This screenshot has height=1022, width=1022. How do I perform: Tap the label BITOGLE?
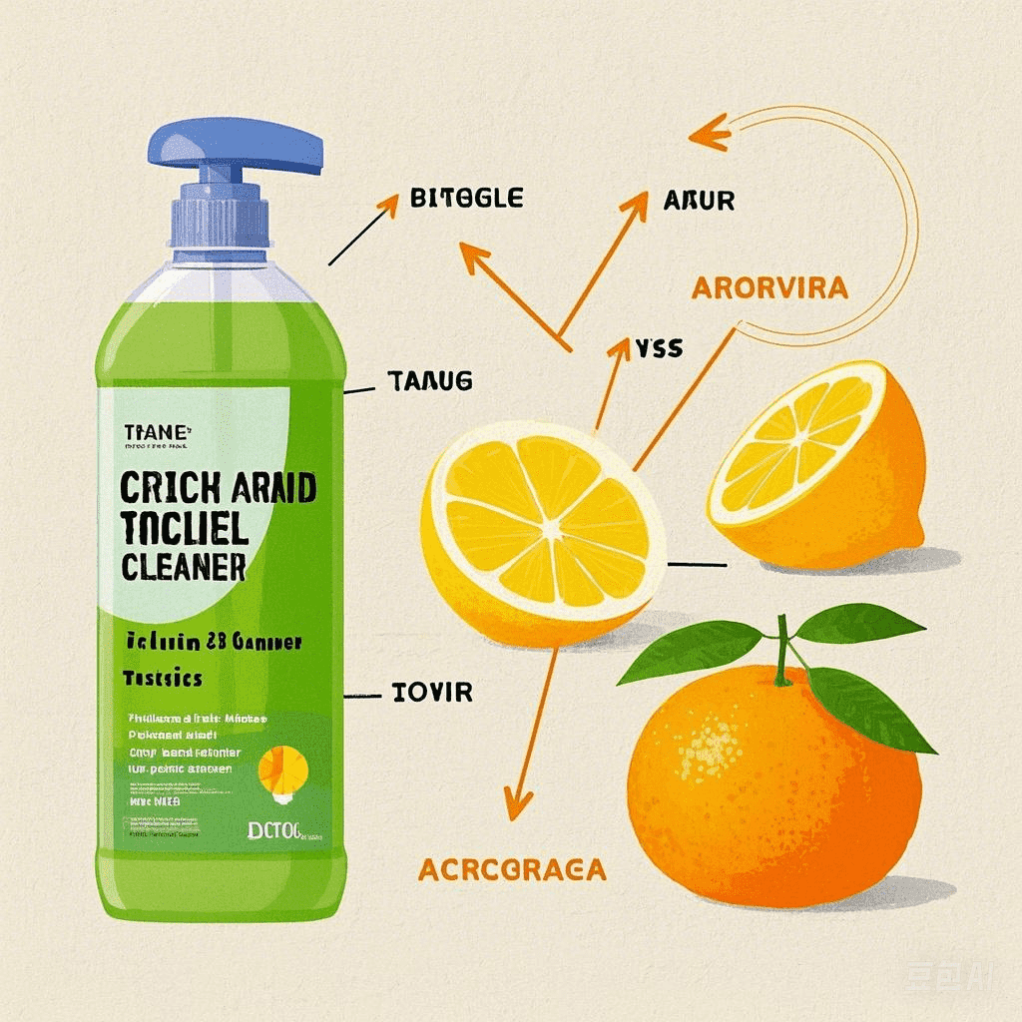tap(466, 198)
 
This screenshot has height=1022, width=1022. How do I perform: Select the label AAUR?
tap(699, 201)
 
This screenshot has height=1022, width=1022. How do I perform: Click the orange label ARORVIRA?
tap(769, 288)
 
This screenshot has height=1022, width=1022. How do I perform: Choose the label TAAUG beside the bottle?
tap(428, 380)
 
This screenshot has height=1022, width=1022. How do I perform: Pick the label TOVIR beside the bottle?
tap(433, 691)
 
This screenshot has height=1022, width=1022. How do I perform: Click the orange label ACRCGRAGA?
tap(512, 868)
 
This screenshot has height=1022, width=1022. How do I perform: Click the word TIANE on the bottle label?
tap(155, 431)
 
